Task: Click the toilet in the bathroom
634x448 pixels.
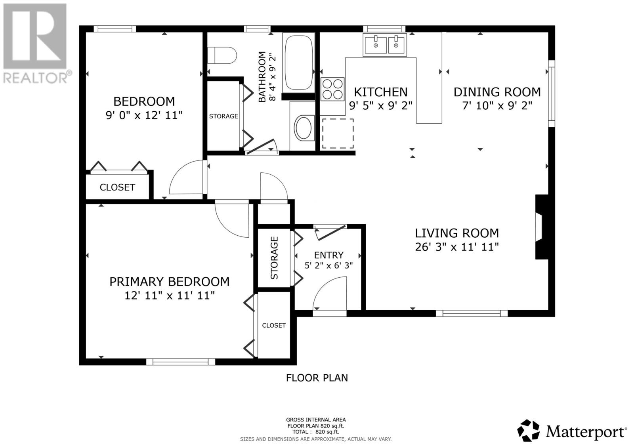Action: click(222, 55)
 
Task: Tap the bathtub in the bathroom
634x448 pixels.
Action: click(299, 63)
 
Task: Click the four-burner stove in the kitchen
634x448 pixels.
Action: click(332, 89)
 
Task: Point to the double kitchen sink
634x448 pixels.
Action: click(385, 45)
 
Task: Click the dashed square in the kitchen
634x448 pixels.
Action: click(338, 133)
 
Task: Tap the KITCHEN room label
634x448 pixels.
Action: click(381, 92)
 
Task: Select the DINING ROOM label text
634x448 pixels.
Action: click(497, 92)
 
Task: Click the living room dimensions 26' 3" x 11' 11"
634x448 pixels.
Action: click(457, 247)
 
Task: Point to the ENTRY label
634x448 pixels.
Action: click(328, 255)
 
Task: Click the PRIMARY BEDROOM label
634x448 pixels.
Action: click(169, 282)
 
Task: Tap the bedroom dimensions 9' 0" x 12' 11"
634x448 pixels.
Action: click(144, 115)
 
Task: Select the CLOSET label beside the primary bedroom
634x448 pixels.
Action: click(274, 326)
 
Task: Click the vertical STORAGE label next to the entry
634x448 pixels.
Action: click(274, 258)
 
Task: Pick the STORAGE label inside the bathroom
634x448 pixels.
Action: click(223, 116)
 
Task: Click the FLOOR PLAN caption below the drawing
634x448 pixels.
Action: click(317, 378)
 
